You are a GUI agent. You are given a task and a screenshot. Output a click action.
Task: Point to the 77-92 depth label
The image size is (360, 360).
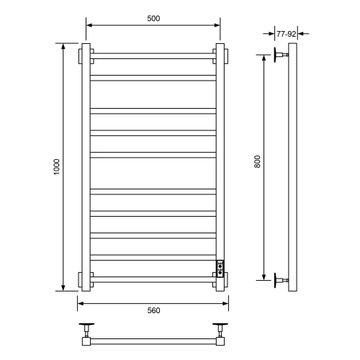(x=286, y=33)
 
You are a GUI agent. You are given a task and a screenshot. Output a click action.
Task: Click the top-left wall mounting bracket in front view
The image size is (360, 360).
(x=81, y=55)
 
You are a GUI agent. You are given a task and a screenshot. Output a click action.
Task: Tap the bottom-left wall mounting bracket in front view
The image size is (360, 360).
(x=81, y=279)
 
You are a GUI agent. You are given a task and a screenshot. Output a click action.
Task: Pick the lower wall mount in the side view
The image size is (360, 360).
(x=279, y=279)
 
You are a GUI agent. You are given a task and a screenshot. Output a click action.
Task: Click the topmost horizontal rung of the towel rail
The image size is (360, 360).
(x=153, y=55)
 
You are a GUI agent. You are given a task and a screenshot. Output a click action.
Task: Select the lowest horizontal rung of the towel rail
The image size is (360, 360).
(x=153, y=278)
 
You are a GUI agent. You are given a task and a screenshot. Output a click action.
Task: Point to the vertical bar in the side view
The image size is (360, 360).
(x=292, y=168)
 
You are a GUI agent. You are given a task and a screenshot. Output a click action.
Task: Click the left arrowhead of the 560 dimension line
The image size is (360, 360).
(x=80, y=302)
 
